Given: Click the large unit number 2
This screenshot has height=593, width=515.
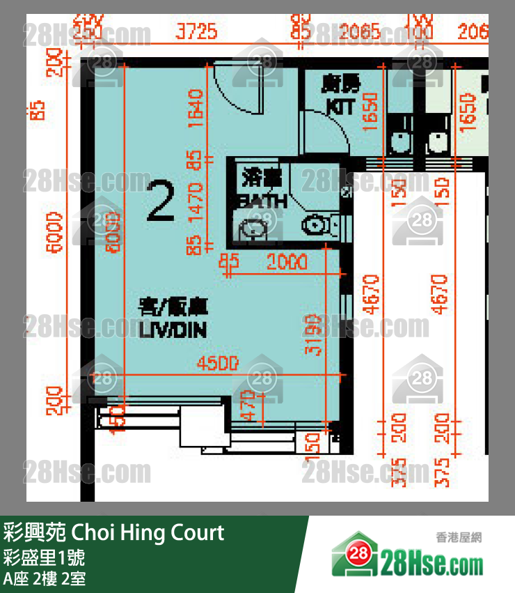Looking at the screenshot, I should point(161,201).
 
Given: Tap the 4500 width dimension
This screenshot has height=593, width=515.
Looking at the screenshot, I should point(218,363).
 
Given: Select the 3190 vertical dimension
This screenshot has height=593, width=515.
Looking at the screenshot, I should point(315,335).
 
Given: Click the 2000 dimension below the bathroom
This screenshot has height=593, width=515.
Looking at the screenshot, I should point(286,263).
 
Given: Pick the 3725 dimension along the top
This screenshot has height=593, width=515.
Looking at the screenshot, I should point(197,32).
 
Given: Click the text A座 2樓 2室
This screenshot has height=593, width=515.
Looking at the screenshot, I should point(45,578).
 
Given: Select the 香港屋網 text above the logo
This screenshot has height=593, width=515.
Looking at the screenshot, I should point(459,537).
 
